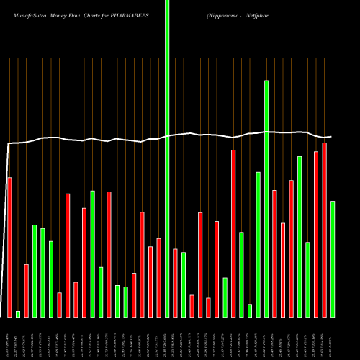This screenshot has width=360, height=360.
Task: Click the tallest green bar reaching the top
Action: [x=167, y=158]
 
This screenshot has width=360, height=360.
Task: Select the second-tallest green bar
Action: [x=266, y=198]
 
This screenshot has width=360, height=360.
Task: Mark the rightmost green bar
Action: [x=333, y=258]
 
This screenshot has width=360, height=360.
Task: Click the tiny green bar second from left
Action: [x=18, y=314]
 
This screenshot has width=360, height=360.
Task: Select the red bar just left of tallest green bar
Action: [x=158, y=277]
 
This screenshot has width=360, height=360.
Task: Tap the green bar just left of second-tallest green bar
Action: [x=258, y=244]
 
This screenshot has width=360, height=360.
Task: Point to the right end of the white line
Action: [x=331, y=137]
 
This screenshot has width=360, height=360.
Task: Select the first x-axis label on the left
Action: [x=8, y=338]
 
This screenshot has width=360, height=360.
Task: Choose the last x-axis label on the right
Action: [x=332, y=338]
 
